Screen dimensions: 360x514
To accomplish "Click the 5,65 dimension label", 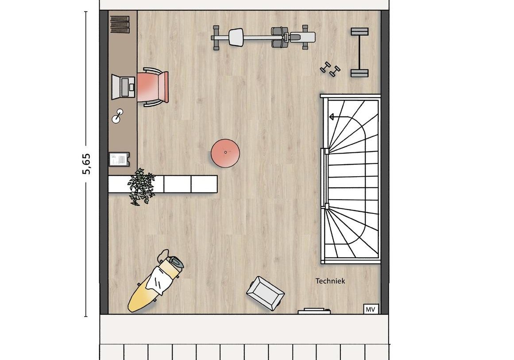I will click(x=86, y=164).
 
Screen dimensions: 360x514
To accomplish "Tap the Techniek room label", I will click(x=330, y=281).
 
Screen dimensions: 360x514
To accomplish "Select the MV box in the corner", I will click(x=370, y=309).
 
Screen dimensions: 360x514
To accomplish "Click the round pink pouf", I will click(x=225, y=153).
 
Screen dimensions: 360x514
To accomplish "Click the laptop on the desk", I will click(x=123, y=87).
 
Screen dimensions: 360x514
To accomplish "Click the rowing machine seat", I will click(x=236, y=37).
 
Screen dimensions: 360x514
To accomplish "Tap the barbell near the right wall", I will click(x=359, y=52).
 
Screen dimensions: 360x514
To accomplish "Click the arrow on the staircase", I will click(x=331, y=117).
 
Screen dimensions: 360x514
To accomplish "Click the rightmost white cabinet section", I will click(x=204, y=184).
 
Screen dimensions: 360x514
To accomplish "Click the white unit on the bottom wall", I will click(x=314, y=311).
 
